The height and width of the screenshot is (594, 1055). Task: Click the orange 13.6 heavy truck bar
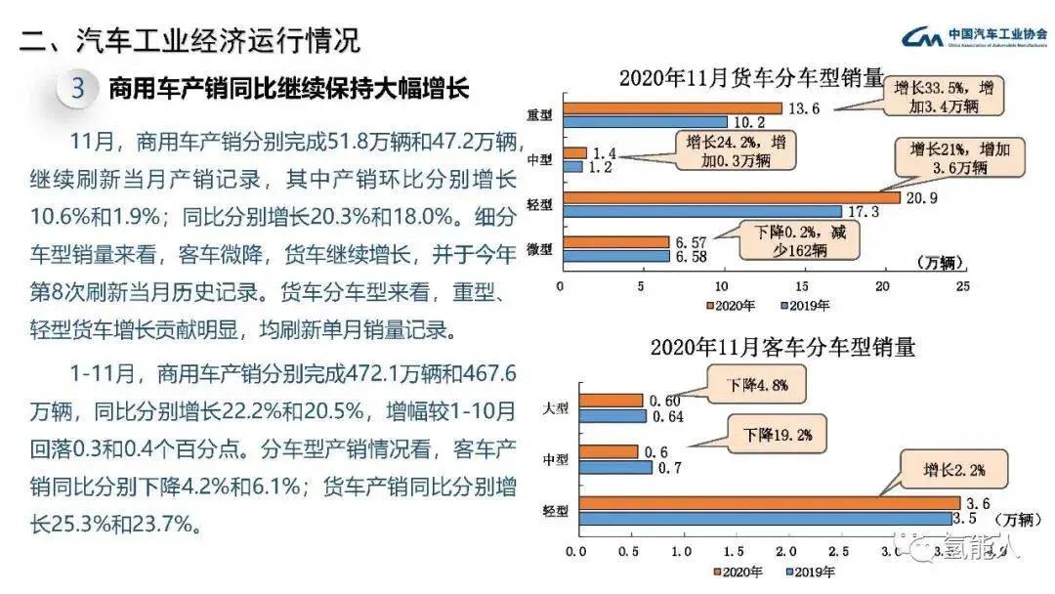pyautogui.click(x=671, y=107)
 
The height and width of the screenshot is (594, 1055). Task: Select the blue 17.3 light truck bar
pyautogui.click(x=700, y=211)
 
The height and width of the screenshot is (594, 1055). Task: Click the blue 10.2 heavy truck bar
pyautogui.click(x=644, y=122)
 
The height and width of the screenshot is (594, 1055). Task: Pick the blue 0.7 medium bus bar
pyautogui.click(x=615, y=467)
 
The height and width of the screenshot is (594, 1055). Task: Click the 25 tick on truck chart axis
pyautogui.click(x=962, y=287)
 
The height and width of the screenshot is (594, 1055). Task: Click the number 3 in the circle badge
pyautogui.click(x=79, y=89)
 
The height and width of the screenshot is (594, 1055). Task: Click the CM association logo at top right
pyautogui.click(x=922, y=38)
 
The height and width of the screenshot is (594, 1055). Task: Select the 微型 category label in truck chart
pyautogui.click(x=539, y=249)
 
